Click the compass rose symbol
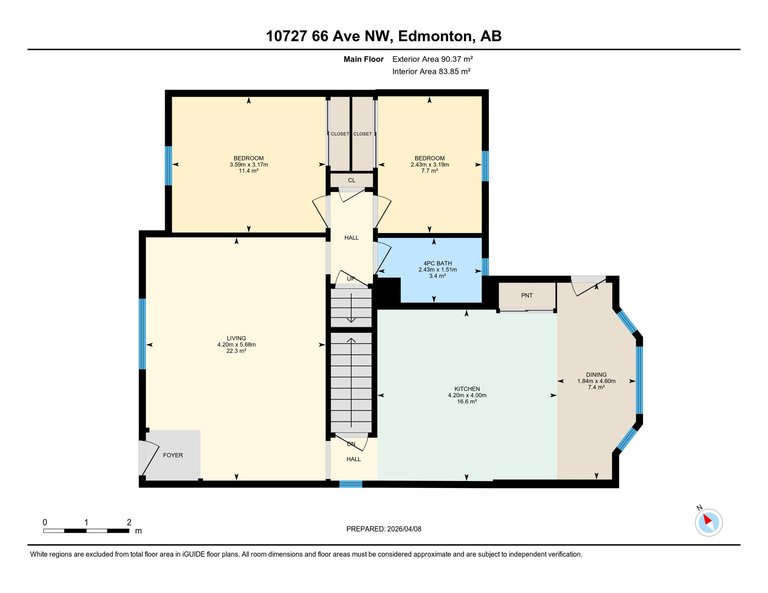(x=709, y=523)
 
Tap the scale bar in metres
(x=86, y=531)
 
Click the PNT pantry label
(x=527, y=296)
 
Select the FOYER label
(x=173, y=456)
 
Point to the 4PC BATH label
(x=437, y=263)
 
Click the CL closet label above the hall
(x=352, y=180)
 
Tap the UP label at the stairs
(x=351, y=279)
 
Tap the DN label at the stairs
(x=351, y=444)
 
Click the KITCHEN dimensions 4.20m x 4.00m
(x=467, y=395)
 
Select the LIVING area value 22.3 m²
(x=236, y=351)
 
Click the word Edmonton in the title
(x=436, y=36)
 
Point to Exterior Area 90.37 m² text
(x=432, y=59)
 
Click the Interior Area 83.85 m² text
(x=431, y=71)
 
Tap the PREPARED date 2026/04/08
(x=384, y=529)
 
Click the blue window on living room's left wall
(x=143, y=334)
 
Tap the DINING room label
(x=596, y=374)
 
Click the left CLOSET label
(x=340, y=134)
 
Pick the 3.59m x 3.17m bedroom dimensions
(x=249, y=164)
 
